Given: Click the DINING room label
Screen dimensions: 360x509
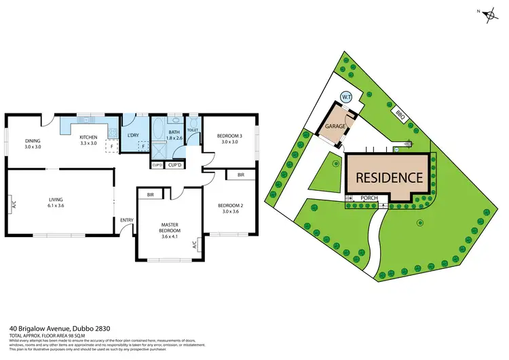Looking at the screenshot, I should [33, 141].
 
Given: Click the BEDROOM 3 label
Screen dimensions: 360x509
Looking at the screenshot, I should [229, 136].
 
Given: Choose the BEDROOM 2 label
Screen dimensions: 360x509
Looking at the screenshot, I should [229, 205].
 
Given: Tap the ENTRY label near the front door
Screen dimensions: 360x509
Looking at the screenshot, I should [127, 220].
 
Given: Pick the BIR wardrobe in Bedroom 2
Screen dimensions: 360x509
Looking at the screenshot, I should [241, 175].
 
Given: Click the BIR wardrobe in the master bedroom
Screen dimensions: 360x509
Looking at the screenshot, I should [151, 196].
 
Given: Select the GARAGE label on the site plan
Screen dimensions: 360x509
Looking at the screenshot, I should [335, 127].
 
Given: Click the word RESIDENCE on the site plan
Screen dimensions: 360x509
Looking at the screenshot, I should [388, 178].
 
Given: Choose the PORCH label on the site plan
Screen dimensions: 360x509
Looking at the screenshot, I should [369, 199].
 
